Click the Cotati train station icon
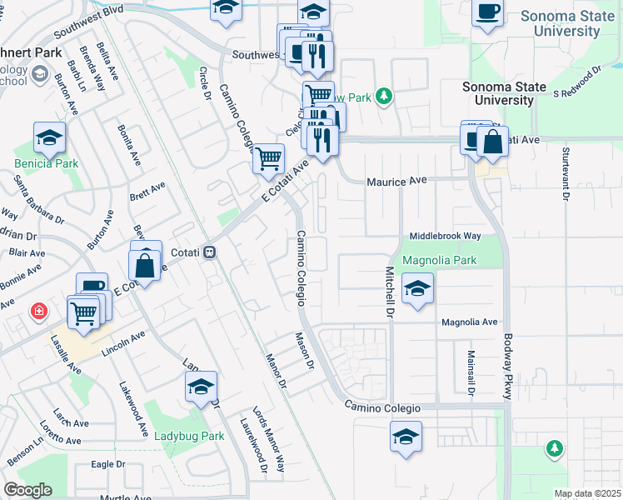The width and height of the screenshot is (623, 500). point(211,251)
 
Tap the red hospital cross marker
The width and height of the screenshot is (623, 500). point(38,312)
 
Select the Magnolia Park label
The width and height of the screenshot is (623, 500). point(439,260)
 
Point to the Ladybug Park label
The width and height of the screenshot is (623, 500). point(190,436)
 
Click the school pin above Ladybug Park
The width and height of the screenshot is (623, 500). point(201,387)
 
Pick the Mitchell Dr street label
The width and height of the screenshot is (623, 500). point(388,292)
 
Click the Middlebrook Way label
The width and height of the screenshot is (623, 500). point(445,237)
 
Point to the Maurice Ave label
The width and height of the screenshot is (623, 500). point(396,181)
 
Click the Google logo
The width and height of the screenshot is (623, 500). point(27,490)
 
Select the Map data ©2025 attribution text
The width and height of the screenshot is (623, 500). point(586,493)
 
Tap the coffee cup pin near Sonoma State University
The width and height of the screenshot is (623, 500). point(488,14)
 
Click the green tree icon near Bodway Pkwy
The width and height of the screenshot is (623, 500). point(554,449)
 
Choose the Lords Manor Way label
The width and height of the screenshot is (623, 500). point(269,439)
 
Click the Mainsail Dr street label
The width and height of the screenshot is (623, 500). point(471,369)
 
